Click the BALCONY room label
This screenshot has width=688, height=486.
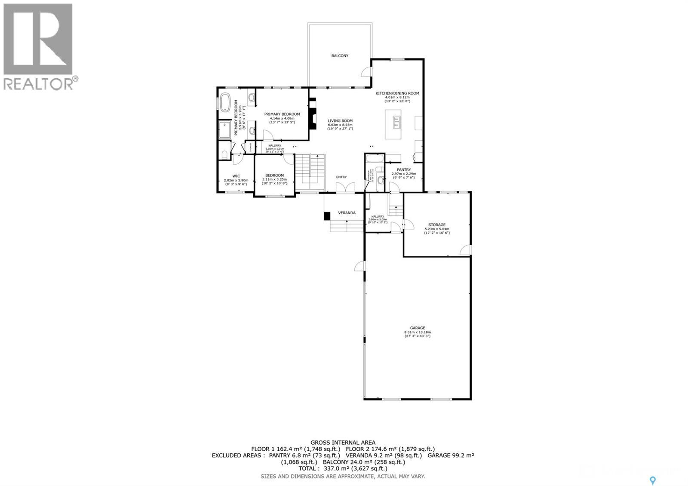(x=340, y=56)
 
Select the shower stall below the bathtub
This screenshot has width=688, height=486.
(x=225, y=130)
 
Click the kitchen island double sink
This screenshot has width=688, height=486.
(x=396, y=123)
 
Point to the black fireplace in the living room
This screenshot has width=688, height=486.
(x=313, y=114)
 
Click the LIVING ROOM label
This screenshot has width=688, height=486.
(x=340, y=121)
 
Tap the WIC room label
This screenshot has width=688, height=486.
(x=236, y=175)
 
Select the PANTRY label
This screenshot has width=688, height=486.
(x=403, y=169)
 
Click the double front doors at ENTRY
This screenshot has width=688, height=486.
(x=345, y=188)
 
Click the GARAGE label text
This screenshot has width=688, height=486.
(x=417, y=328)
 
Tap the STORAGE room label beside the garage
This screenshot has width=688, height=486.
(x=436, y=225)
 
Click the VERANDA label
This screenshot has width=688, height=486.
(x=347, y=213)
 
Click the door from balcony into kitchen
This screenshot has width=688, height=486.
(x=367, y=71)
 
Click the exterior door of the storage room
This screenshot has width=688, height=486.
(x=466, y=250)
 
